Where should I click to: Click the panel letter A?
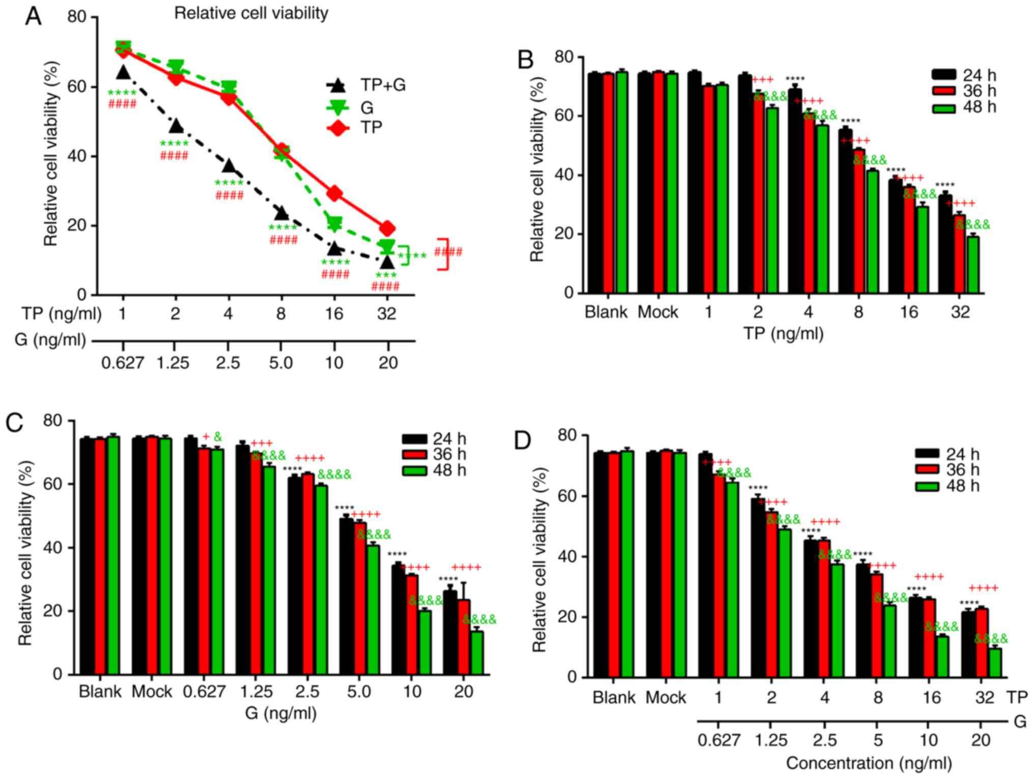click(x=34, y=16)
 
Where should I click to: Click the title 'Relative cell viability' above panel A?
click(x=251, y=13)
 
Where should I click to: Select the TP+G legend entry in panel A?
click(x=366, y=85)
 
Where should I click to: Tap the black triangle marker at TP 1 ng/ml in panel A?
click(x=123, y=73)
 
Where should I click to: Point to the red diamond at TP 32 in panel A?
click(x=387, y=228)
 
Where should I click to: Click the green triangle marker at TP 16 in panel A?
click(x=334, y=224)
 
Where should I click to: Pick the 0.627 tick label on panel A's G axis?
click(x=123, y=363)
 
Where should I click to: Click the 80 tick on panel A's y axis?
click(x=77, y=17)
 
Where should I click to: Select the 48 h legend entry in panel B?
click(x=964, y=108)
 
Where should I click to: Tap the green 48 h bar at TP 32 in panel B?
click(x=973, y=265)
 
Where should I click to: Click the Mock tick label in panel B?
click(x=657, y=312)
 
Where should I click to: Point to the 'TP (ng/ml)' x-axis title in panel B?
click(x=783, y=333)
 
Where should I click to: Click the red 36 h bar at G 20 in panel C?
click(x=464, y=636)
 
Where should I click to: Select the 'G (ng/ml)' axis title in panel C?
click(x=280, y=713)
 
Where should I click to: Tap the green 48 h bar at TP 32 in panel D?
click(x=994, y=662)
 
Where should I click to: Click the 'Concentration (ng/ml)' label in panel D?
click(x=869, y=763)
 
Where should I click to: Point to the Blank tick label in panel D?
click(x=614, y=697)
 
